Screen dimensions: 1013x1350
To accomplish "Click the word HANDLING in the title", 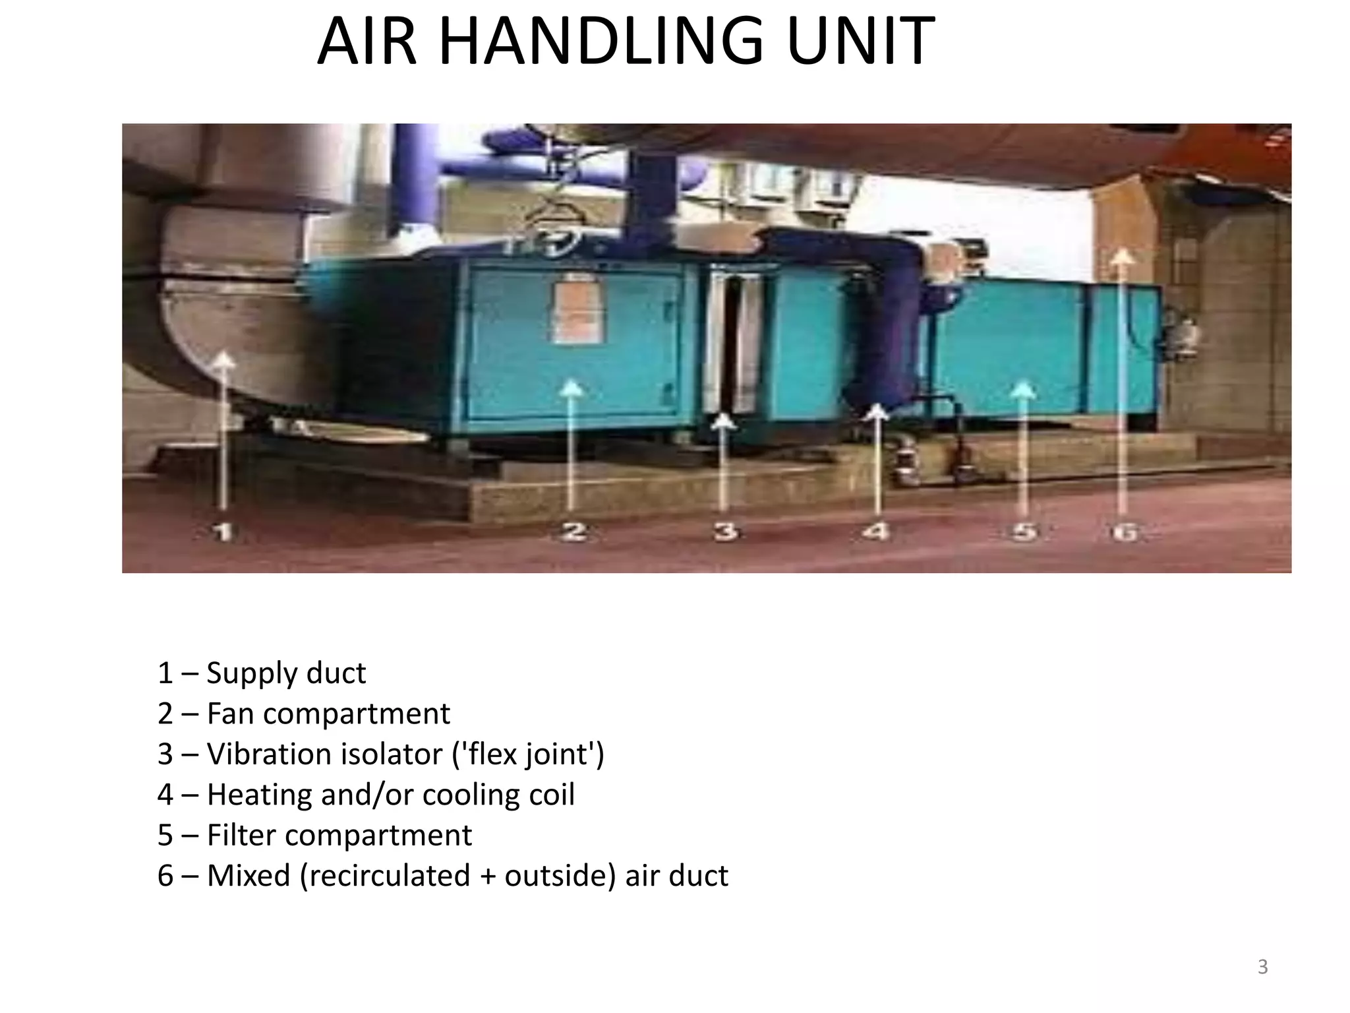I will click(x=601, y=42).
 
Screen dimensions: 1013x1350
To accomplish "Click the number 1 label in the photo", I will click(x=224, y=531).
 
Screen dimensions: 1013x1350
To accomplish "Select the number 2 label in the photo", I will click(x=573, y=531).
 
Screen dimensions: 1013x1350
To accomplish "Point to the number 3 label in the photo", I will click(x=725, y=531).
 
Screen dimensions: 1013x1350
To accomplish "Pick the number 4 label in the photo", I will click(x=877, y=531).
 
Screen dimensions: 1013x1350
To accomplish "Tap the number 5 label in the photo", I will click(x=1024, y=531).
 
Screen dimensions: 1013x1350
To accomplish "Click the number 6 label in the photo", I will click(x=1125, y=531).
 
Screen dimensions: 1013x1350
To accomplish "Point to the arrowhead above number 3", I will click(x=724, y=420).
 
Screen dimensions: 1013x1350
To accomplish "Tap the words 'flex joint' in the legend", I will click(x=527, y=754).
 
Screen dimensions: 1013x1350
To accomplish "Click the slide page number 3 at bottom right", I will click(x=1262, y=967).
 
